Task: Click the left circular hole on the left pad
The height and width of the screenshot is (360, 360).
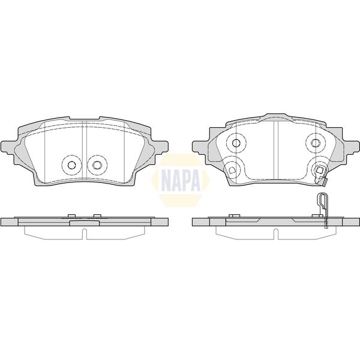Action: point(71,165)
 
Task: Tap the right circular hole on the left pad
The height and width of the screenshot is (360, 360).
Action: point(95,165)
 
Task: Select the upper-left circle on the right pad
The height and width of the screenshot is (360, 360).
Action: point(235,143)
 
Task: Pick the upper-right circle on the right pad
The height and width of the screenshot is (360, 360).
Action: point(315,143)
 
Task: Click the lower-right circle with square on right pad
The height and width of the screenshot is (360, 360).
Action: point(316,170)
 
